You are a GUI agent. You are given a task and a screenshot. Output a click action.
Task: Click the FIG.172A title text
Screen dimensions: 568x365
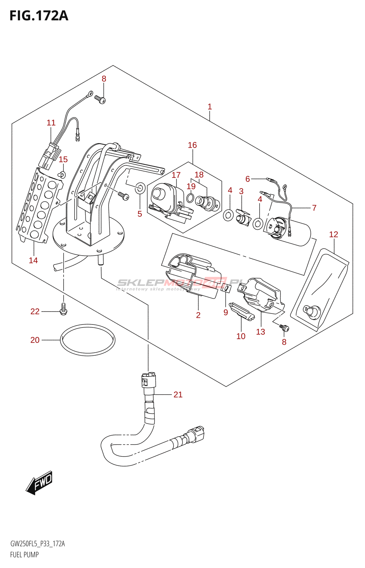coord(39,16)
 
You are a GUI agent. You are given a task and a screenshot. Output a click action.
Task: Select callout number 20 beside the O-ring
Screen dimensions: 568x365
coord(35,340)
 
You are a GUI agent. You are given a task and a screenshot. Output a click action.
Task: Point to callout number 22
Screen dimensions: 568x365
coord(35,311)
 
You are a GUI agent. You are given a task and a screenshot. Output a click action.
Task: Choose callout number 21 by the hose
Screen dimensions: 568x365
coord(178,394)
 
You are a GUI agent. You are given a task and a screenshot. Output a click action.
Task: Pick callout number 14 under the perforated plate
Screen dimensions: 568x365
coord(33,261)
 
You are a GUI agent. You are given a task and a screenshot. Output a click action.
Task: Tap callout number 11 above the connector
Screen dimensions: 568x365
coord(51,123)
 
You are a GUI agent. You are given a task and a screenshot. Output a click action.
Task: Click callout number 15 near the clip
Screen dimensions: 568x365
coord(63,159)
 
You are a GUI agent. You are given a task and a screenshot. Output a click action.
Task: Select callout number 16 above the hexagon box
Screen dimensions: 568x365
coord(192,145)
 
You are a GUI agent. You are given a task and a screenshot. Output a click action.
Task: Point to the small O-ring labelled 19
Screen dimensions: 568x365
coord(190,197)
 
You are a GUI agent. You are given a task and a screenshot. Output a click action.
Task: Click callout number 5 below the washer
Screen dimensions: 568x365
coord(140,214)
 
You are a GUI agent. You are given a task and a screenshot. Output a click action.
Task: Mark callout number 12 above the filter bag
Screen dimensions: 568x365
coord(333,234)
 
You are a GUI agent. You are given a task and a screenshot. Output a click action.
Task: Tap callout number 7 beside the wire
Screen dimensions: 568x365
coord(314,208)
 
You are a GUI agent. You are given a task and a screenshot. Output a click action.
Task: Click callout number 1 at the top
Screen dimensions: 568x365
coord(209,106)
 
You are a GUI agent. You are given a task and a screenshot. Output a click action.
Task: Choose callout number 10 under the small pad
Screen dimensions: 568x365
coord(241,336)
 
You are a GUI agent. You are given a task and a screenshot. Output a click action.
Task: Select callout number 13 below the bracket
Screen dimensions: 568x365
coord(260,332)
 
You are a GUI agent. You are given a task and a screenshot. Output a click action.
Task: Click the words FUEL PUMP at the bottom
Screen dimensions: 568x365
coord(24,555)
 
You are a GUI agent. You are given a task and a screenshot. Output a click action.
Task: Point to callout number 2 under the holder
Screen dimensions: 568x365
coord(198,315)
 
